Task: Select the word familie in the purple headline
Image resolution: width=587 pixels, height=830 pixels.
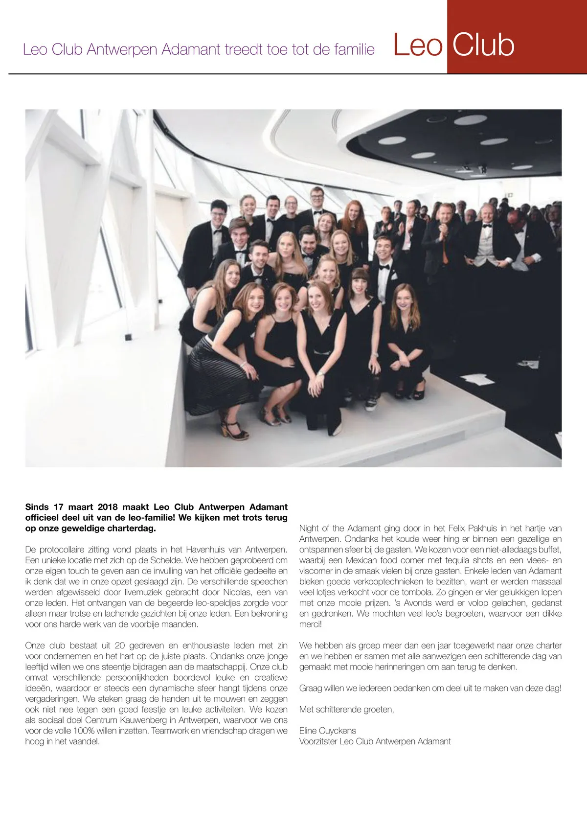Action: click(x=355, y=50)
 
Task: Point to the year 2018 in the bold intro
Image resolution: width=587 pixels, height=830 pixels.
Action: click(x=108, y=507)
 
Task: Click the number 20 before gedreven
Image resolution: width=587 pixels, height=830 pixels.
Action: click(x=120, y=646)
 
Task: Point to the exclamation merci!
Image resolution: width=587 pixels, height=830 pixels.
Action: click(x=311, y=624)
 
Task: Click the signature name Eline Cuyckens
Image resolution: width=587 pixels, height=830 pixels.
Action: click(x=328, y=731)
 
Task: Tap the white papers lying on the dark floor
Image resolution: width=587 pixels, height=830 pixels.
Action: click(x=476, y=379)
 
